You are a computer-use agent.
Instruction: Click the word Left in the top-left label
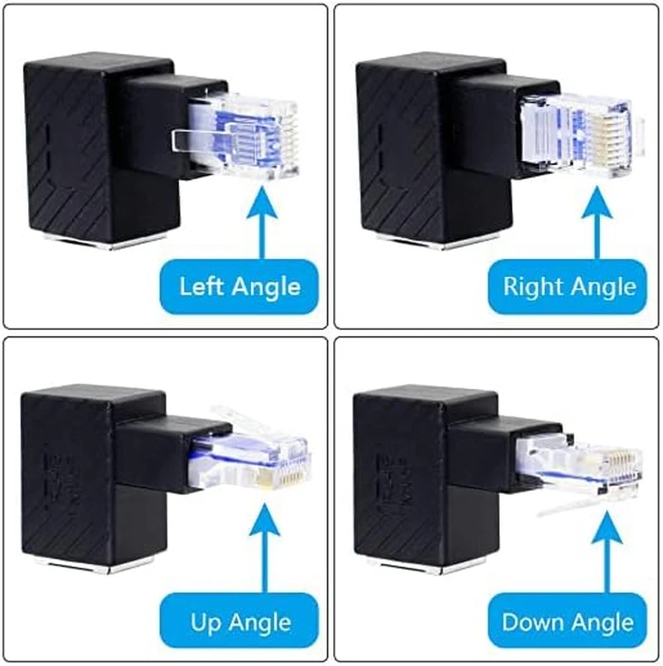point(202,287)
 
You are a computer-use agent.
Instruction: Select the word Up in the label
point(209,621)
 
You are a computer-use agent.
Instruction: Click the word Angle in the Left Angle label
point(265,287)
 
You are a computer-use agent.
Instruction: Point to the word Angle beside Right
point(600,287)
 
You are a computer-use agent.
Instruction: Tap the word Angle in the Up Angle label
point(264,621)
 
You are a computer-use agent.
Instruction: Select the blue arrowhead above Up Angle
point(263,526)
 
